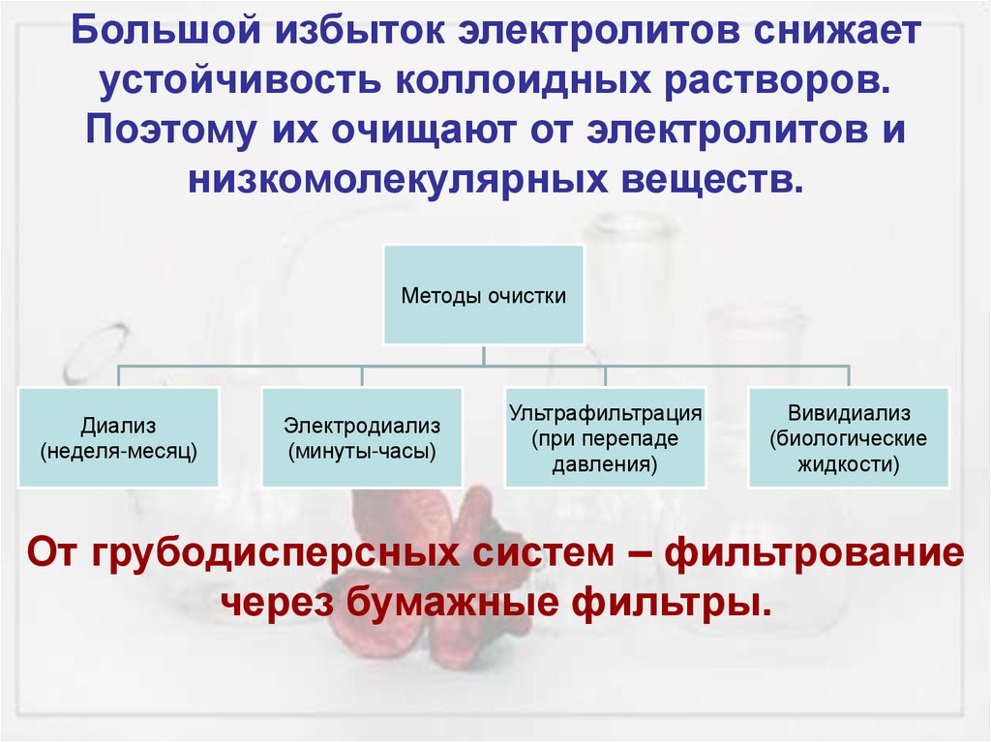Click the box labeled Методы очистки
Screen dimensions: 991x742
484,295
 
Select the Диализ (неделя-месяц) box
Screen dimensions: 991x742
118,437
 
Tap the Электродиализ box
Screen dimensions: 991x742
362,437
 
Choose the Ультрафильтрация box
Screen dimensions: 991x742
605,437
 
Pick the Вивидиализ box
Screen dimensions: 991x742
849,437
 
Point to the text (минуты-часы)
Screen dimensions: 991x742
362,450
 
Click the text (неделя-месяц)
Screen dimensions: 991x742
118,450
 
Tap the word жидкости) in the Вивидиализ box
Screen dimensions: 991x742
849,463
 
